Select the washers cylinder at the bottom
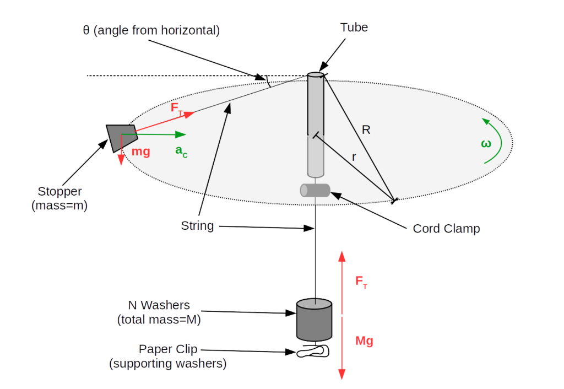coord(314,320)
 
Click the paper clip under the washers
coord(313,352)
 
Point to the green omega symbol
coord(486,144)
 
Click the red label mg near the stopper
coord(140,152)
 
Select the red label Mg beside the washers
coord(364,341)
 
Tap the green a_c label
coord(181,152)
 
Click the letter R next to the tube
coord(366,130)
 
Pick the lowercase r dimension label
coord(354,157)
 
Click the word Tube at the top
coord(354,27)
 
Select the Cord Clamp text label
coord(446,229)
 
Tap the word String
coord(197,226)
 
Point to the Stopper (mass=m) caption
coord(59,199)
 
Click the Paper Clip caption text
coord(168,356)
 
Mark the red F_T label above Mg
coord(361,283)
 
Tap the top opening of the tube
coord(316,75)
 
